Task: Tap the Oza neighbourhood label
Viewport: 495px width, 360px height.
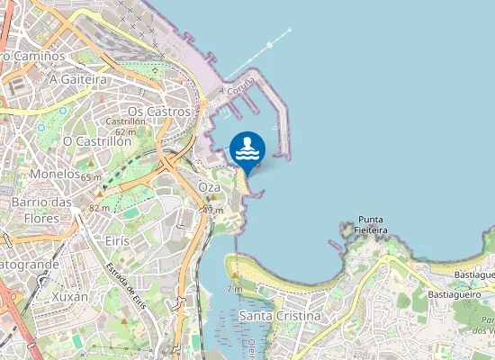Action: click(209, 186)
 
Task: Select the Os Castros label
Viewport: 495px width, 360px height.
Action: click(159, 111)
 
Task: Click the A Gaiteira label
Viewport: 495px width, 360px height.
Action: click(78, 79)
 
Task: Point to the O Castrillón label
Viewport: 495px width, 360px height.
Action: click(97, 141)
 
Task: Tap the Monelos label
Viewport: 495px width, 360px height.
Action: click(54, 173)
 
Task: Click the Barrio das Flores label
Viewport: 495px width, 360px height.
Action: click(41, 210)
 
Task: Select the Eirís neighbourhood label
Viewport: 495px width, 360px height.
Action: click(117, 241)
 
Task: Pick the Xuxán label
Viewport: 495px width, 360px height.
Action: click(70, 296)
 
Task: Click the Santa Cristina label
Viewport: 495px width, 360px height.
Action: click(280, 317)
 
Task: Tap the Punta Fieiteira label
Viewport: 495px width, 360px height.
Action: click(372, 224)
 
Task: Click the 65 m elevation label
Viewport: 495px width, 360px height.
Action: click(91, 177)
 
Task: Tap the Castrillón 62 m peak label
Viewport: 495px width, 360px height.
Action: click(125, 126)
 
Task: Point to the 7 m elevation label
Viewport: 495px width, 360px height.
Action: click(234, 289)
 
